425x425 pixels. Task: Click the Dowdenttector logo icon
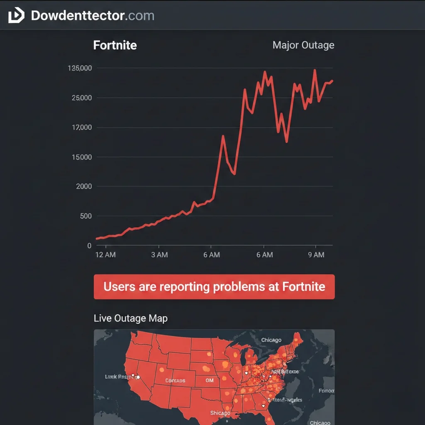(x=16, y=16)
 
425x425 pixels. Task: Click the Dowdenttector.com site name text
(x=93, y=16)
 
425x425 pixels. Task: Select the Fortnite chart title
(x=115, y=45)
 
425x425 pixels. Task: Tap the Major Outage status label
(x=303, y=45)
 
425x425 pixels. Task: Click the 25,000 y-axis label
(x=81, y=98)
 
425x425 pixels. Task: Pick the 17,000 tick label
(x=82, y=127)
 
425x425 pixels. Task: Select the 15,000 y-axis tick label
(x=81, y=157)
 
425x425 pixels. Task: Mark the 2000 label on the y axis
(x=83, y=186)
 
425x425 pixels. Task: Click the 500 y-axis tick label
(x=85, y=216)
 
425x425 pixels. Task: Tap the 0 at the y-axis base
(x=89, y=246)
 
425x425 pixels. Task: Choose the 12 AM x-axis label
(x=105, y=255)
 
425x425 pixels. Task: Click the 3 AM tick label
(x=159, y=255)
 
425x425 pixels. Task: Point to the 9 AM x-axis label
(x=316, y=255)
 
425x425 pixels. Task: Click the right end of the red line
(x=332, y=81)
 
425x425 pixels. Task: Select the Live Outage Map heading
(x=130, y=318)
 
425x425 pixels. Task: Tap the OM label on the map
(x=210, y=380)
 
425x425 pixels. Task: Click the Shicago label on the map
(x=220, y=413)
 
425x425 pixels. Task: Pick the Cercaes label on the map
(x=175, y=381)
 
